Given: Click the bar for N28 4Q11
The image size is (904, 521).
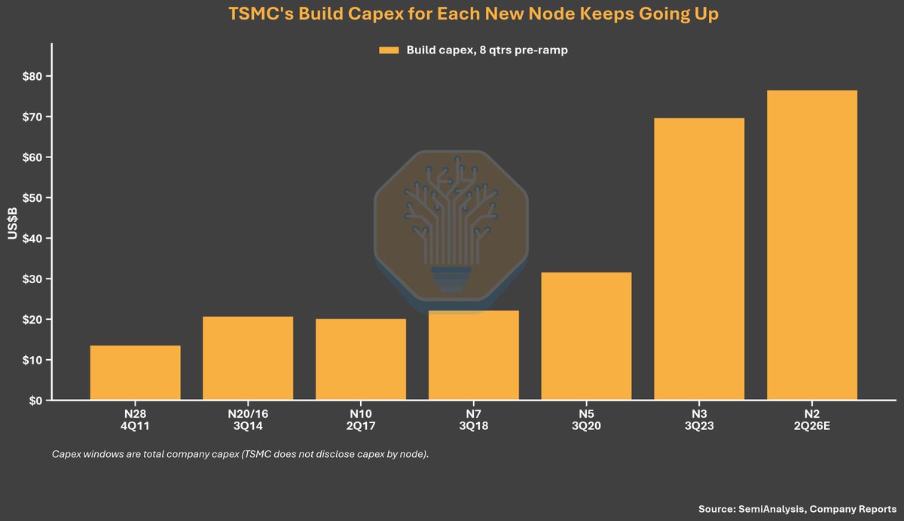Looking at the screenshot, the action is click(135, 372).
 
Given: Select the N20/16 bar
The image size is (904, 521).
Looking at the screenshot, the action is click(248, 358).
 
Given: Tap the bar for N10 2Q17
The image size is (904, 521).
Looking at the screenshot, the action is click(361, 359).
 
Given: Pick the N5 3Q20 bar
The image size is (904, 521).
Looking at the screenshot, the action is click(586, 336).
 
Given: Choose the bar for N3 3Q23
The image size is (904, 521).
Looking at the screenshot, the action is click(699, 259).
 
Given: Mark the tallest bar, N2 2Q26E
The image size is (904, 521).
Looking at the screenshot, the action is click(812, 245).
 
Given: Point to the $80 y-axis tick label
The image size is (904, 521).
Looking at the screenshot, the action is click(32, 76).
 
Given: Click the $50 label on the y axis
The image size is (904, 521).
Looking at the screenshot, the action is click(32, 198).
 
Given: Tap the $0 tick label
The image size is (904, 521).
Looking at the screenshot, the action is click(35, 401).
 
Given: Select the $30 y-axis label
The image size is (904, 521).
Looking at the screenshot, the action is click(32, 279).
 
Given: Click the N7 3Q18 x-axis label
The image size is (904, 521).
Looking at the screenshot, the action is click(473, 420).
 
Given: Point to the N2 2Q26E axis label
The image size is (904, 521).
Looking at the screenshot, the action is click(812, 420).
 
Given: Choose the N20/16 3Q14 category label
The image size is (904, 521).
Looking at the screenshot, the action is click(248, 420).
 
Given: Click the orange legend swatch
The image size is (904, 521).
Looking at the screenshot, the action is click(389, 50).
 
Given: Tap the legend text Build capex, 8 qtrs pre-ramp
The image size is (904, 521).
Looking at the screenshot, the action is click(487, 50).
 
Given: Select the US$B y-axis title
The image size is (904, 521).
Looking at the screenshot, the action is click(13, 224).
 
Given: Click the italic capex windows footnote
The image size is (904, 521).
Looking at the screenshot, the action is click(240, 454).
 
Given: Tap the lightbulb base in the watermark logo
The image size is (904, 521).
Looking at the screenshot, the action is click(450, 280).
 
